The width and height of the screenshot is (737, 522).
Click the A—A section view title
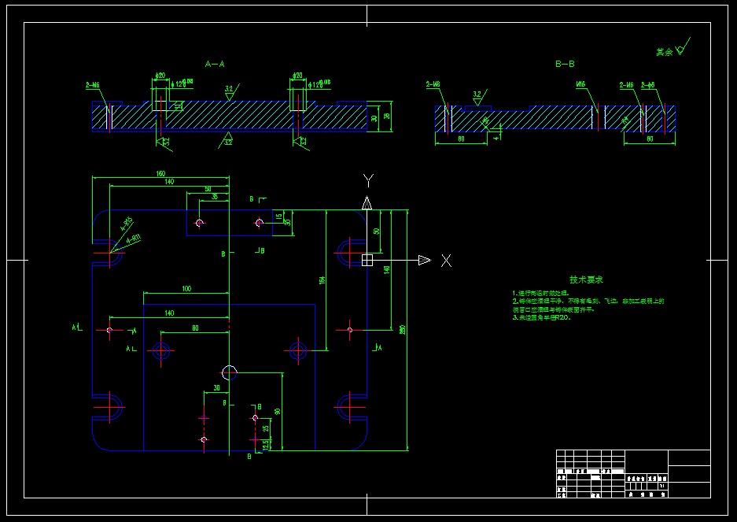tap(215, 64)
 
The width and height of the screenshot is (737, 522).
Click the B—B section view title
tap(565, 64)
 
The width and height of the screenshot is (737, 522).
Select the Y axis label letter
tap(367, 180)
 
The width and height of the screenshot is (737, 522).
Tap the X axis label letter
tap(446, 261)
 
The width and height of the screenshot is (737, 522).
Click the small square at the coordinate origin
tap(367, 260)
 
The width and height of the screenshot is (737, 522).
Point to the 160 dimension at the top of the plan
tap(160, 173)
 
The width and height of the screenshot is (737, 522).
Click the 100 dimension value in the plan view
tap(186, 289)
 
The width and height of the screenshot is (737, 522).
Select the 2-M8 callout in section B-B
tap(433, 84)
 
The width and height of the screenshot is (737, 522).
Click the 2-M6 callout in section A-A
tap(92, 84)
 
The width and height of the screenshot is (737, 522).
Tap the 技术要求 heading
tap(586, 280)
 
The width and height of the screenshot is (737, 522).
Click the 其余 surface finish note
tap(665, 52)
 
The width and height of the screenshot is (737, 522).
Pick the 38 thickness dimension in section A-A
tap(386, 117)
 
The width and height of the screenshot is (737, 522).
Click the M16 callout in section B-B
tap(581, 84)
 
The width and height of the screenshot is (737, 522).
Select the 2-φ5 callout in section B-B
tap(648, 84)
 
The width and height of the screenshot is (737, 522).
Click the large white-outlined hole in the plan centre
tap(230, 372)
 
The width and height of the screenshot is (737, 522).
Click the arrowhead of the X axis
tap(424, 260)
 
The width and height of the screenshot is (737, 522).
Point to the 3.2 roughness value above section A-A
tap(229, 89)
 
